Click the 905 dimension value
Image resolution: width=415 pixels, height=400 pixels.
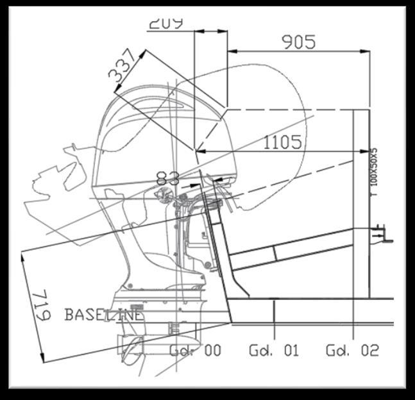click(298, 42)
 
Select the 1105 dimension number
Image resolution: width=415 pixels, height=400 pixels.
click(282, 142)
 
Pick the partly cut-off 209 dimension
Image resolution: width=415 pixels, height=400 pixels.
click(165, 24)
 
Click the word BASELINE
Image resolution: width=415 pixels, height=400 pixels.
click(104, 315)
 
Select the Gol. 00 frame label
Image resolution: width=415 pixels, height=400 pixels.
click(196, 351)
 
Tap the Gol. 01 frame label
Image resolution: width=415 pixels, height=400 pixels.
click(274, 351)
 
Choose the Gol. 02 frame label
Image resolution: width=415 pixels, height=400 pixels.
click(352, 351)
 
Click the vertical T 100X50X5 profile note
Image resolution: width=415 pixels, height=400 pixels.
click(375, 172)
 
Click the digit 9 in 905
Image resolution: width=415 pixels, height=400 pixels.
click(287, 42)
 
